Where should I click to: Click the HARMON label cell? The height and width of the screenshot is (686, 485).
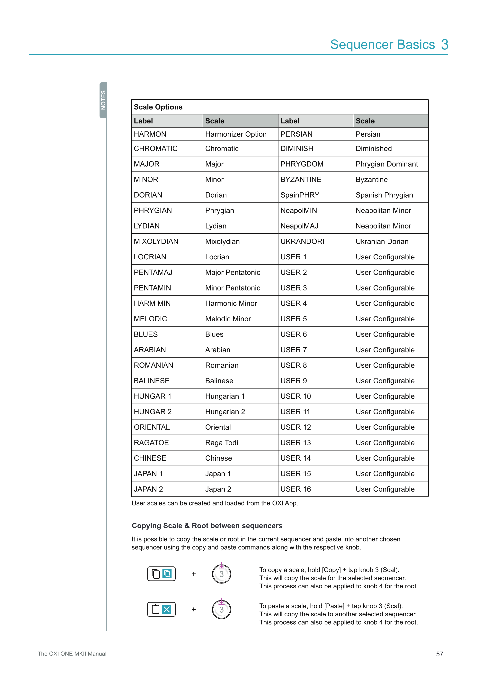point(150,134)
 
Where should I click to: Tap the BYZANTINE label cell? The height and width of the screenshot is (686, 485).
point(301,180)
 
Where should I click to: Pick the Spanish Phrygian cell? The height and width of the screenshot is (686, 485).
point(384,195)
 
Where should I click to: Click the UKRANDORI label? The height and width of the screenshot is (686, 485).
point(302,241)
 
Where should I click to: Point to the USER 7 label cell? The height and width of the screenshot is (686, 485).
point(294,350)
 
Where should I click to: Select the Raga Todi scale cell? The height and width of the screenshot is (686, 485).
point(221,443)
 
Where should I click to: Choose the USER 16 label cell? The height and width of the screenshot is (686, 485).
point(296,489)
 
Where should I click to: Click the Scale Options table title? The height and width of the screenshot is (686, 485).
point(158,107)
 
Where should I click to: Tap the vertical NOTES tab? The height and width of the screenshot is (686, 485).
point(103,100)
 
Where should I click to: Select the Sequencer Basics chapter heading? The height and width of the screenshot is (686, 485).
point(382,45)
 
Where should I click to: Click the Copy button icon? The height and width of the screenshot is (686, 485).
point(161,574)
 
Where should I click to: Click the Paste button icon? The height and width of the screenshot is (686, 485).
point(161,609)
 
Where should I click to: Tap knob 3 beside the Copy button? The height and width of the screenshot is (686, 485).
point(221,574)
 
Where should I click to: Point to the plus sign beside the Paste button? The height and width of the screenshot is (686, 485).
point(194,609)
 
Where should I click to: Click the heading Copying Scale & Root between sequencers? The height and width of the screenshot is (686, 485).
point(207,526)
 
